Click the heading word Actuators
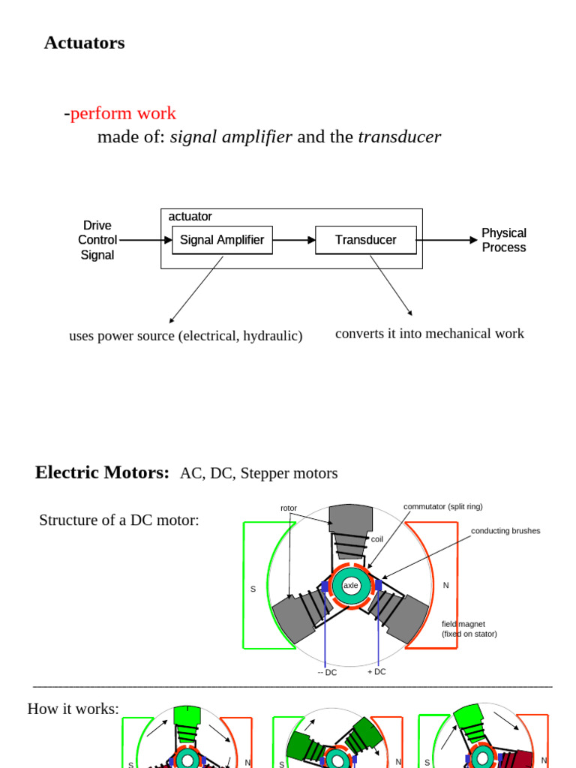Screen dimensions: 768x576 84,43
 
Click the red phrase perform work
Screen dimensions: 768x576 123,113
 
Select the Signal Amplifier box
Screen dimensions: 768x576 222,240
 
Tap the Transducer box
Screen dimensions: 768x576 365,240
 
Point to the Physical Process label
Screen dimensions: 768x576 503,240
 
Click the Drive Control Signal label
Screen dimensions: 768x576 97,240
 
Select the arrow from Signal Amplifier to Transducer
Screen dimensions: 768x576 294,240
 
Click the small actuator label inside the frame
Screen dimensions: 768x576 190,217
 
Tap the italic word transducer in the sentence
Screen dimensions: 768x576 399,136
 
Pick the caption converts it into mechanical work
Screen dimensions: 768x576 429,333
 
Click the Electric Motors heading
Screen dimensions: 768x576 102,472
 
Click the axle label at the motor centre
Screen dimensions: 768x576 350,585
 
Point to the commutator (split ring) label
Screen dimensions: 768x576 442,506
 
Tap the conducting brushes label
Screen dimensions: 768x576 505,531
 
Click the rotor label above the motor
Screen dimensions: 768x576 289,508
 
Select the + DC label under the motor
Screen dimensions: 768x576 376,672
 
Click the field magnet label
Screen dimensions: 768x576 463,624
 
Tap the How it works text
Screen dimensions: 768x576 73,708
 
